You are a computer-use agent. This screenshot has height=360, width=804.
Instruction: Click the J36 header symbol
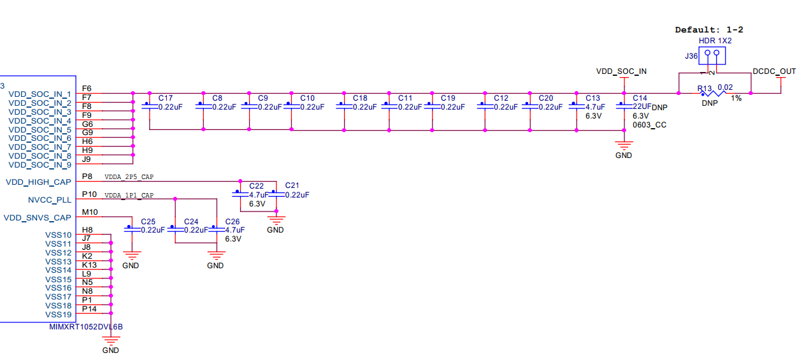[x=712, y=55]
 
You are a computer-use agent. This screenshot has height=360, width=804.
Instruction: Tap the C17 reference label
[x=166, y=98]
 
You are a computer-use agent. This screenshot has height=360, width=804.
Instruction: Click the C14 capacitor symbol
[x=624, y=106]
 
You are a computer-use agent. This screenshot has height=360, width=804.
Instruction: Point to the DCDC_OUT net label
[x=774, y=71]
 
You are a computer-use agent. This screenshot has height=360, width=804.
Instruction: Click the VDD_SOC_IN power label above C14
[x=621, y=71]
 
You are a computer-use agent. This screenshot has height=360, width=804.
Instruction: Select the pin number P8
[x=87, y=176]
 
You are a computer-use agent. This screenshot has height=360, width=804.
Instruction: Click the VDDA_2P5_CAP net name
[x=129, y=177]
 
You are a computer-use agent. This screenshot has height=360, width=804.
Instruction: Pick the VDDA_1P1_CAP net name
[x=129, y=195]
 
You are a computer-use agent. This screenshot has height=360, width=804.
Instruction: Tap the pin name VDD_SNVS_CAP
[x=38, y=218]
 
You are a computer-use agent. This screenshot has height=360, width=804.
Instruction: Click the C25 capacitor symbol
[x=132, y=229]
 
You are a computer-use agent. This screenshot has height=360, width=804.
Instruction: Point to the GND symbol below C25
[x=132, y=256]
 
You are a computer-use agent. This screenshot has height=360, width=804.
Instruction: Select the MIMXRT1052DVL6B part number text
[x=86, y=327]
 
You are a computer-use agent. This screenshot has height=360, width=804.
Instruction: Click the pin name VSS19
[x=59, y=315]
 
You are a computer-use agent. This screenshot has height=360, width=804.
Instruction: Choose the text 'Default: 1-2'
[x=709, y=30]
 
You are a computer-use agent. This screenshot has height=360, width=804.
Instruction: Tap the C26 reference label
[x=233, y=222]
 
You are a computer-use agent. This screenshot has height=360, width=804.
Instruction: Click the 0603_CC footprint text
[x=649, y=125]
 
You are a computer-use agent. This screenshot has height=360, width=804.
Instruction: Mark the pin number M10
[x=90, y=212]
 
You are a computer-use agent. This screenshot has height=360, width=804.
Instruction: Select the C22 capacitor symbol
[x=240, y=194]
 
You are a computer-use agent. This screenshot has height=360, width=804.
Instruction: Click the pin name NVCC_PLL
[x=50, y=200]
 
